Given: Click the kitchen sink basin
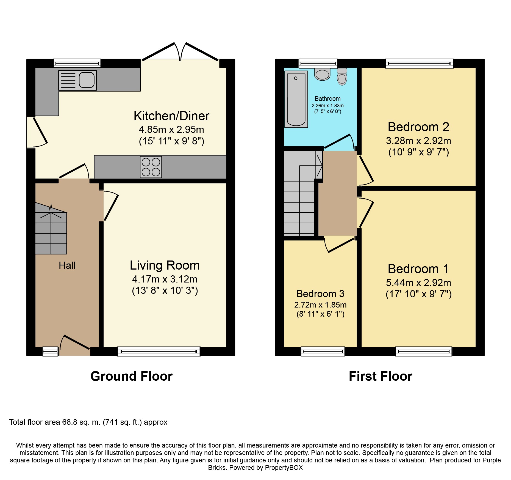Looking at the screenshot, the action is (87, 80).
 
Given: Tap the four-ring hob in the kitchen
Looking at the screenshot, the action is (151, 167).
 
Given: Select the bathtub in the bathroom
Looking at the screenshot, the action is (296, 99).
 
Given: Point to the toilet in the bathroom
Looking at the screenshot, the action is (342, 77).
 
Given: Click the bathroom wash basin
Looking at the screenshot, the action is (322, 74).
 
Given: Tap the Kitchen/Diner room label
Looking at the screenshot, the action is (171, 116).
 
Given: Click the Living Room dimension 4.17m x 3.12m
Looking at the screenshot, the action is (165, 279).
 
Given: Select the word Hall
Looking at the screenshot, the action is (67, 265).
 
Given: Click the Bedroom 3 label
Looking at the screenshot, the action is (320, 294).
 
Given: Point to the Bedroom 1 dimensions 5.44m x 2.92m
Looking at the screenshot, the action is (418, 283).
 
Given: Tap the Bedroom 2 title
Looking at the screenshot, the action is (418, 127).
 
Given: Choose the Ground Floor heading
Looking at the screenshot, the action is (132, 376).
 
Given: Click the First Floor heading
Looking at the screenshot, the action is (381, 376).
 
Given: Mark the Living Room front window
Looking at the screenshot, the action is (159, 351).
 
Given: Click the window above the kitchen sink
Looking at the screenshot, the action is (77, 63).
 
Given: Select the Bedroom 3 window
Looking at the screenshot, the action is (323, 351).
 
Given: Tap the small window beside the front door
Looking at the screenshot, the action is (50, 351).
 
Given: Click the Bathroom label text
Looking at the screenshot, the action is (327, 98).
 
